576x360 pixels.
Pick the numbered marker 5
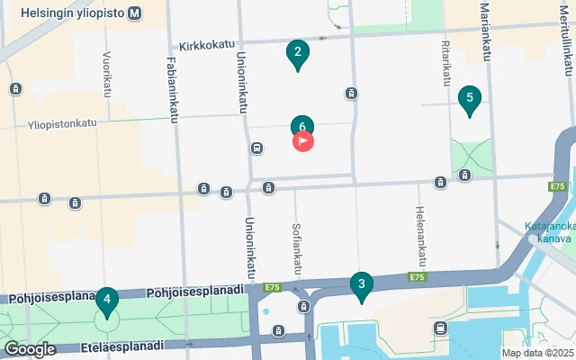(468, 99)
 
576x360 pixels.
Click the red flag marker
(303, 141)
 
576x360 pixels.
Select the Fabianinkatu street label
(173, 81)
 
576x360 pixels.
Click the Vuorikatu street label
(106, 74)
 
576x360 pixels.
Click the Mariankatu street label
(486, 31)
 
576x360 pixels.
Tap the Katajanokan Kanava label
(547, 232)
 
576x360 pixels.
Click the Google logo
(30, 348)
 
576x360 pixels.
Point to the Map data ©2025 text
(536, 353)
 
